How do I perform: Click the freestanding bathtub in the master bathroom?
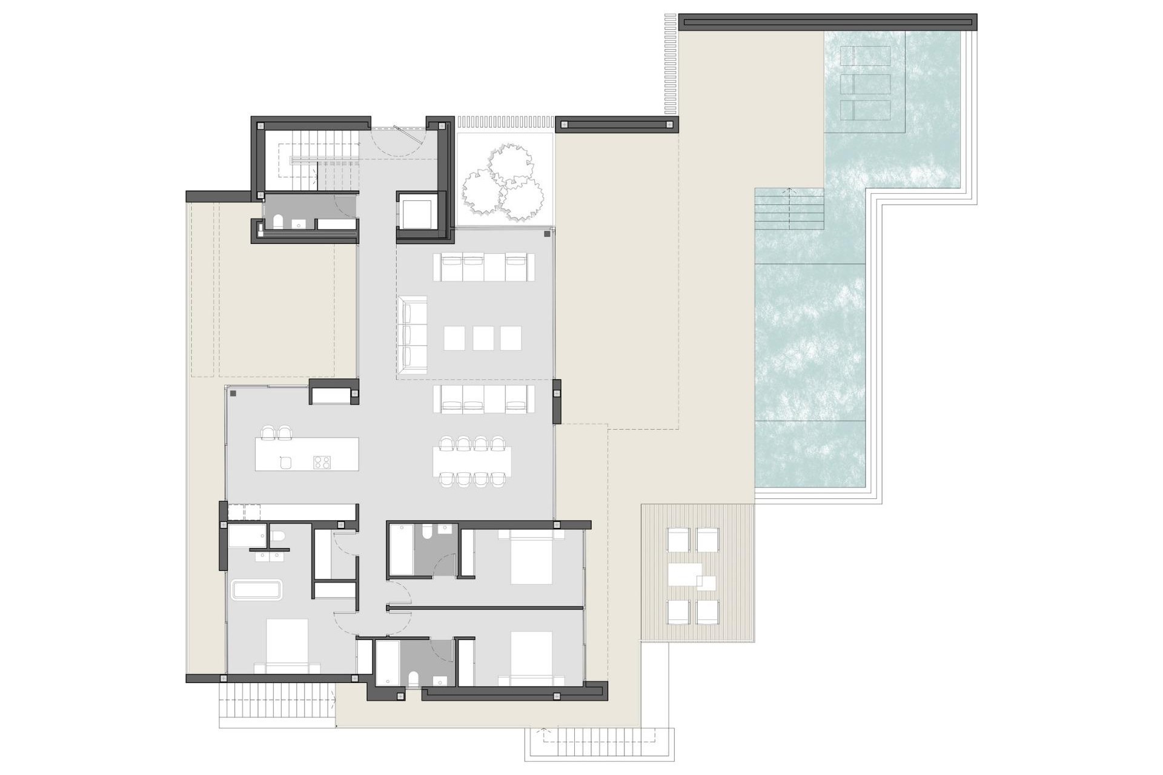257,590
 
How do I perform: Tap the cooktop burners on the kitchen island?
321,463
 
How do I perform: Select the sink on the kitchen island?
286,463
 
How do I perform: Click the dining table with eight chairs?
472,461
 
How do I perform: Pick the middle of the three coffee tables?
483,338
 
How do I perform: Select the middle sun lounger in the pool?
866,84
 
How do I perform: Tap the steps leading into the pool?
789,209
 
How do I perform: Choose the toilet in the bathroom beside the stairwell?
278,222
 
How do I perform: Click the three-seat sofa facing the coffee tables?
413,335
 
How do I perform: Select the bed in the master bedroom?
287,645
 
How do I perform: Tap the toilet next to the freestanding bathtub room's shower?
278,536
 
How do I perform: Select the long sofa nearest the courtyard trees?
484,267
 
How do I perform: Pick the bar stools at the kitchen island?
276,432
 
